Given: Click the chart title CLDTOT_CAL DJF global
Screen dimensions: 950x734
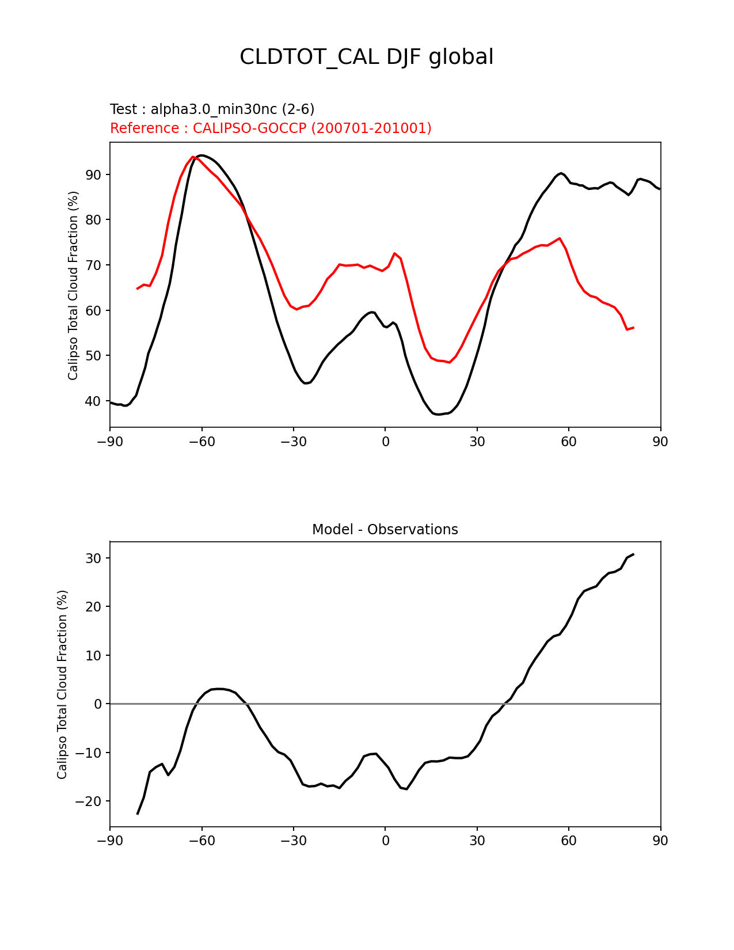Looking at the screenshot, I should [x=366, y=58].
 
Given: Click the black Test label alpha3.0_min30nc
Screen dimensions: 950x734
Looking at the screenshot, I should [x=212, y=109].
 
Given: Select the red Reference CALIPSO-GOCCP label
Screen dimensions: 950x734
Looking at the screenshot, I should [x=271, y=128].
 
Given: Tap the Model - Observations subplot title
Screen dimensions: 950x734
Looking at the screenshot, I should [x=385, y=530].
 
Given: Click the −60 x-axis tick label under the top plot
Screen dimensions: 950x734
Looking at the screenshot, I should [x=201, y=442].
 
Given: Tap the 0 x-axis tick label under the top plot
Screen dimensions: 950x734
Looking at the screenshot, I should [x=385, y=442].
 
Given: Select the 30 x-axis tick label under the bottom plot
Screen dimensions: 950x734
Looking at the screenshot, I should [x=477, y=841].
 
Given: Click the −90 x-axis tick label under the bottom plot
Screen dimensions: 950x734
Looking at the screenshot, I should [x=110, y=841].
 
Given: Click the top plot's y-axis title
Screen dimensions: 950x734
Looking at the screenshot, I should [x=73, y=285].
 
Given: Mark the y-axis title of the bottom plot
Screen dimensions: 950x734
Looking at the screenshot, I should [x=62, y=684].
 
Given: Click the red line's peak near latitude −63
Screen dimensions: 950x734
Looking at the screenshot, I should [x=193, y=157].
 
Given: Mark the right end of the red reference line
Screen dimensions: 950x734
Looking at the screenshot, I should [x=633, y=328].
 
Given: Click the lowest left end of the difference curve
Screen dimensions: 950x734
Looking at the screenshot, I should [x=138, y=814].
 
